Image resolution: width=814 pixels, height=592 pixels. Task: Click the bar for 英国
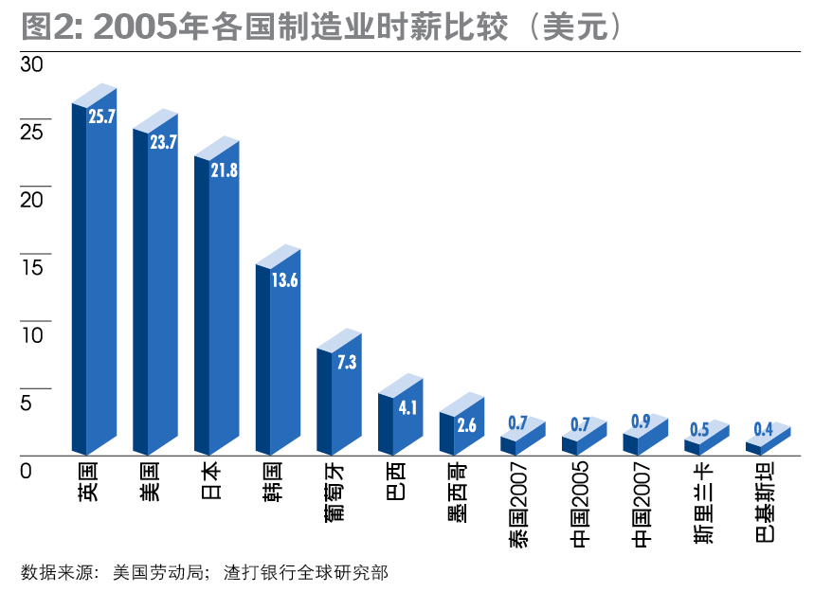[x=94, y=284]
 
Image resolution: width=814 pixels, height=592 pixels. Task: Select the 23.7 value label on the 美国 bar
[x=163, y=143]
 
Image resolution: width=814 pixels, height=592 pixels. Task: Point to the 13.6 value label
[x=284, y=279]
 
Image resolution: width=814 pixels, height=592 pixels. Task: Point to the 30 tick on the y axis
[x=32, y=64]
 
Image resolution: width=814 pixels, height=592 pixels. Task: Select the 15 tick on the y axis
[x=32, y=267]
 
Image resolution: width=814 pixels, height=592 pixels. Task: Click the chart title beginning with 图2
[x=322, y=27]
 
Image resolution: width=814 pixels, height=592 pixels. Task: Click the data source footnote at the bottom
[x=204, y=572]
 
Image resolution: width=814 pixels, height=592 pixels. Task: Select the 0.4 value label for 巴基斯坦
[x=763, y=430]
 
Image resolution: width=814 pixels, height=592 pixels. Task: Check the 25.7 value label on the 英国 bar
[x=101, y=117]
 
